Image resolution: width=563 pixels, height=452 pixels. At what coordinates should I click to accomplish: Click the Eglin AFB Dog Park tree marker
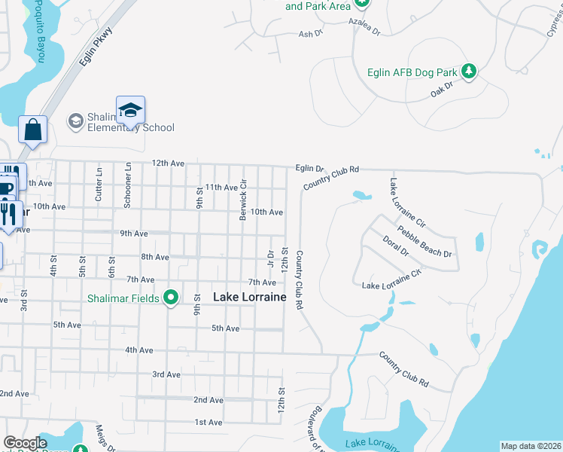(x=470, y=72)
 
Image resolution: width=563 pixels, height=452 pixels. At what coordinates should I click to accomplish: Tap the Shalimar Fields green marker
(x=171, y=298)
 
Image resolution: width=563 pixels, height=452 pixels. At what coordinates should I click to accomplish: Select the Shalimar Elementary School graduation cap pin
(x=130, y=111)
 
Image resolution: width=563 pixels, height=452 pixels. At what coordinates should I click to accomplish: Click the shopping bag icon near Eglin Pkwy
(x=33, y=130)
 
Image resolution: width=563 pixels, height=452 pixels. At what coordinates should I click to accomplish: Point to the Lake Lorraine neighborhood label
(x=250, y=298)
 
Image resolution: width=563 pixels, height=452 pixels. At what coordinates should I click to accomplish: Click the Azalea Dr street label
(x=365, y=33)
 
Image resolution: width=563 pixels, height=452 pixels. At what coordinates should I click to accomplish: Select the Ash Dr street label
(x=310, y=34)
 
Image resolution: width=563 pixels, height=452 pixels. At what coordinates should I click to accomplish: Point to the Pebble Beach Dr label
(x=425, y=243)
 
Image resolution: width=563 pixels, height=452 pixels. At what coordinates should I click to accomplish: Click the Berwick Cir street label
(x=243, y=200)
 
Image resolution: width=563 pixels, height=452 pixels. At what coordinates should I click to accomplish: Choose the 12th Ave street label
(x=167, y=163)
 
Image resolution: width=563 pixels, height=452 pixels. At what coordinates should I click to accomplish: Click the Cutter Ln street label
(x=99, y=182)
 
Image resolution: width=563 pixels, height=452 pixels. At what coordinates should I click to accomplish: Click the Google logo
(x=25, y=443)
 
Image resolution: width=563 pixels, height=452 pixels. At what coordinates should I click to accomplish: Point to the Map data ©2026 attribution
(x=531, y=446)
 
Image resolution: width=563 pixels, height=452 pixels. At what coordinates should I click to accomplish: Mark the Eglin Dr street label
(x=309, y=169)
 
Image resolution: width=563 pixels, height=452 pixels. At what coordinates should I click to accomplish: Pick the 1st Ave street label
(x=208, y=423)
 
